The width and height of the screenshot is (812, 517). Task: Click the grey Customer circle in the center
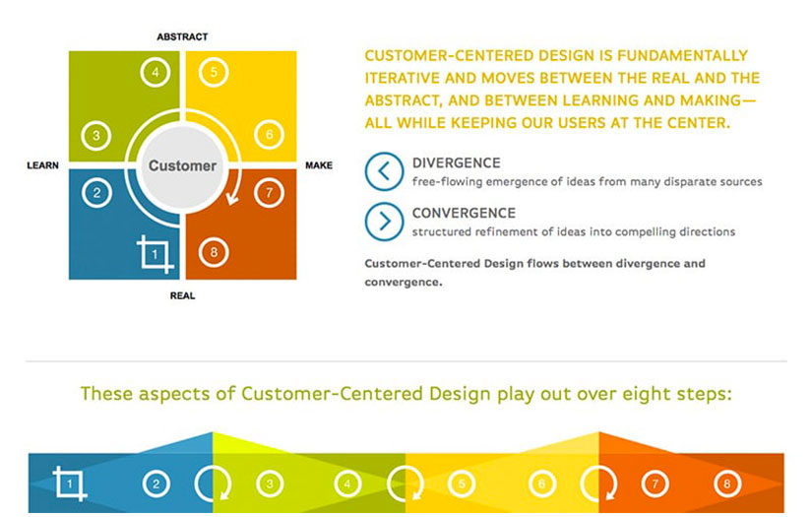pyautogui.click(x=182, y=165)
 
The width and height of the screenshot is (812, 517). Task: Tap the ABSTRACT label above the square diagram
pyautogui.click(x=182, y=36)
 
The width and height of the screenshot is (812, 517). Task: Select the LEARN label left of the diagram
pyautogui.click(x=44, y=165)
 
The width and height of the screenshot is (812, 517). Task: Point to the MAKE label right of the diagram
pyautogui.click(x=319, y=165)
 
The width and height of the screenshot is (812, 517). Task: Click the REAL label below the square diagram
pyautogui.click(x=182, y=294)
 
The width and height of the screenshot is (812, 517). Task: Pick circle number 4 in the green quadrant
pyautogui.click(x=154, y=71)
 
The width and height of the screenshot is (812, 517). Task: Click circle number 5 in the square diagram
pyautogui.click(x=214, y=71)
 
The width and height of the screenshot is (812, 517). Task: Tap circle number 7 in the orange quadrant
pyautogui.click(x=268, y=193)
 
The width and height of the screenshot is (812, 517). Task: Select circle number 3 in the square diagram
pyautogui.click(x=95, y=136)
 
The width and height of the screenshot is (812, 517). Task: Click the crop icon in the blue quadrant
pyautogui.click(x=156, y=254)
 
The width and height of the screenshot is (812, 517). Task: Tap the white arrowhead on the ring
pyautogui.click(x=233, y=201)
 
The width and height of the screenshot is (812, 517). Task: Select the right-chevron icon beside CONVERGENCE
pyautogui.click(x=384, y=222)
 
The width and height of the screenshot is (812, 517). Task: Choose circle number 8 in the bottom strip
pyautogui.click(x=727, y=484)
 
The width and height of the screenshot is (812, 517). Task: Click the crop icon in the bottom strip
pyautogui.click(x=71, y=484)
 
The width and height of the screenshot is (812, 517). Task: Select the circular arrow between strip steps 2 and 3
pyautogui.click(x=212, y=483)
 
